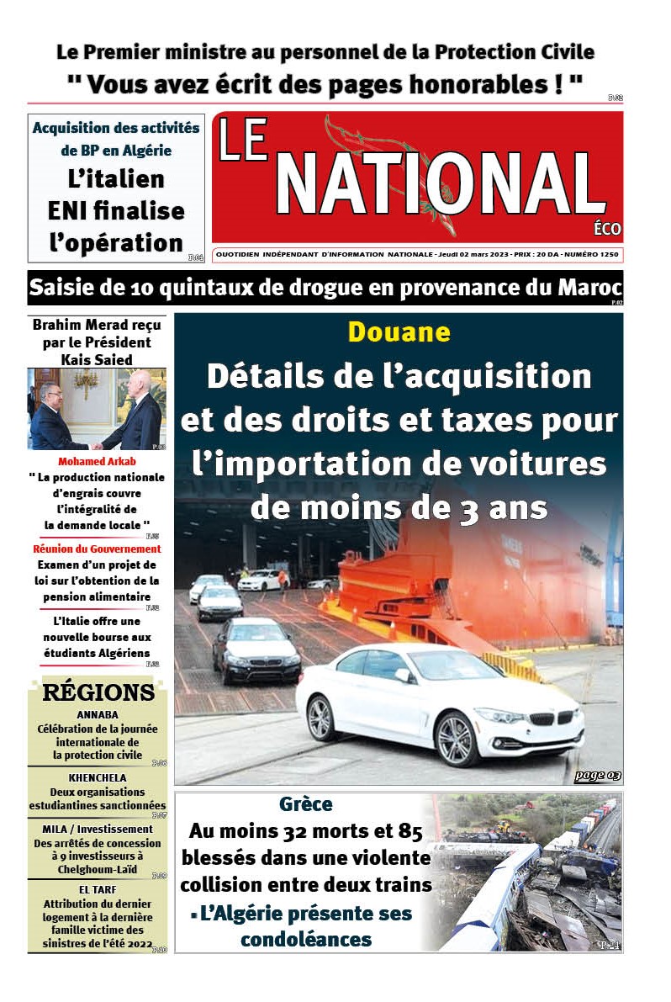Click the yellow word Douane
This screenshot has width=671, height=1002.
click(x=399, y=332)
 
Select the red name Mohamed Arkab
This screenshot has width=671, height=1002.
click(x=96, y=462)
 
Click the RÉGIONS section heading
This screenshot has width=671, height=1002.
click(x=98, y=692)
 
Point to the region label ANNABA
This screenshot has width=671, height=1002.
click(x=97, y=716)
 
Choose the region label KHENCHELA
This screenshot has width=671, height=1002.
click(x=98, y=778)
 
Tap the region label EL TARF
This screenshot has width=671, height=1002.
click(x=98, y=888)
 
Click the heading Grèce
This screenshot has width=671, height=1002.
click(x=305, y=804)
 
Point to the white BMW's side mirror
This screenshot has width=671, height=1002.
click(x=404, y=675)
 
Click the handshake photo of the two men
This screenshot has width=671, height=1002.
click(x=97, y=409)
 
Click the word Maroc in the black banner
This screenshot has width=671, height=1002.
click(x=589, y=288)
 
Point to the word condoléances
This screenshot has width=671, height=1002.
click(x=306, y=939)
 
